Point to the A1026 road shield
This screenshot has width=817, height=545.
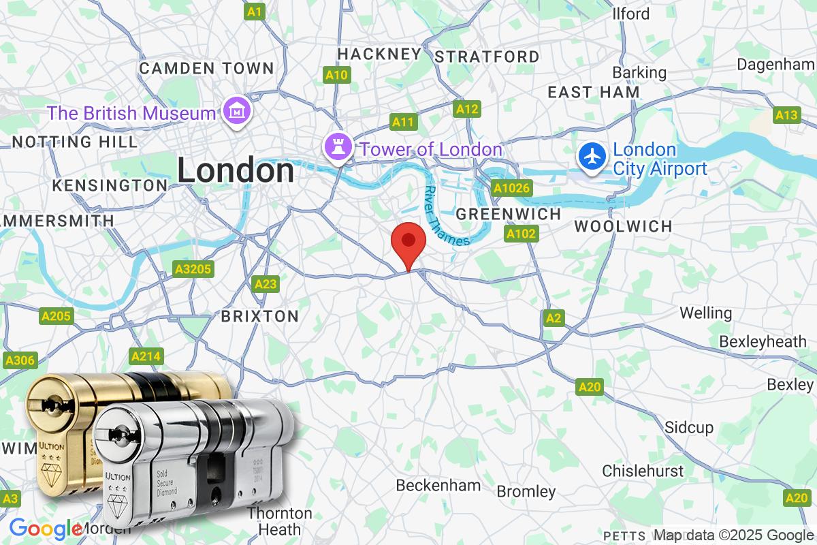point(512,188)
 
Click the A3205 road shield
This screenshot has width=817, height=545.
point(193,269)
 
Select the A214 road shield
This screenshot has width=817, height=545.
point(146,356)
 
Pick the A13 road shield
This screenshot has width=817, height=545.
point(786,114)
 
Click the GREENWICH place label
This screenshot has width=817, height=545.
point(509,214)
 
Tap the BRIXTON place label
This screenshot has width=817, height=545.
point(260,316)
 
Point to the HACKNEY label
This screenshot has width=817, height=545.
point(379,54)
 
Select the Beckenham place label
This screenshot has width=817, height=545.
point(438,486)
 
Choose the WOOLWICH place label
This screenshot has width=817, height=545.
point(623,226)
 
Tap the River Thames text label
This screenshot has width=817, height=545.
point(446,216)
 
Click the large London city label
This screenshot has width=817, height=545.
point(236,170)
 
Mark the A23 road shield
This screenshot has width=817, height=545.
point(266,284)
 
